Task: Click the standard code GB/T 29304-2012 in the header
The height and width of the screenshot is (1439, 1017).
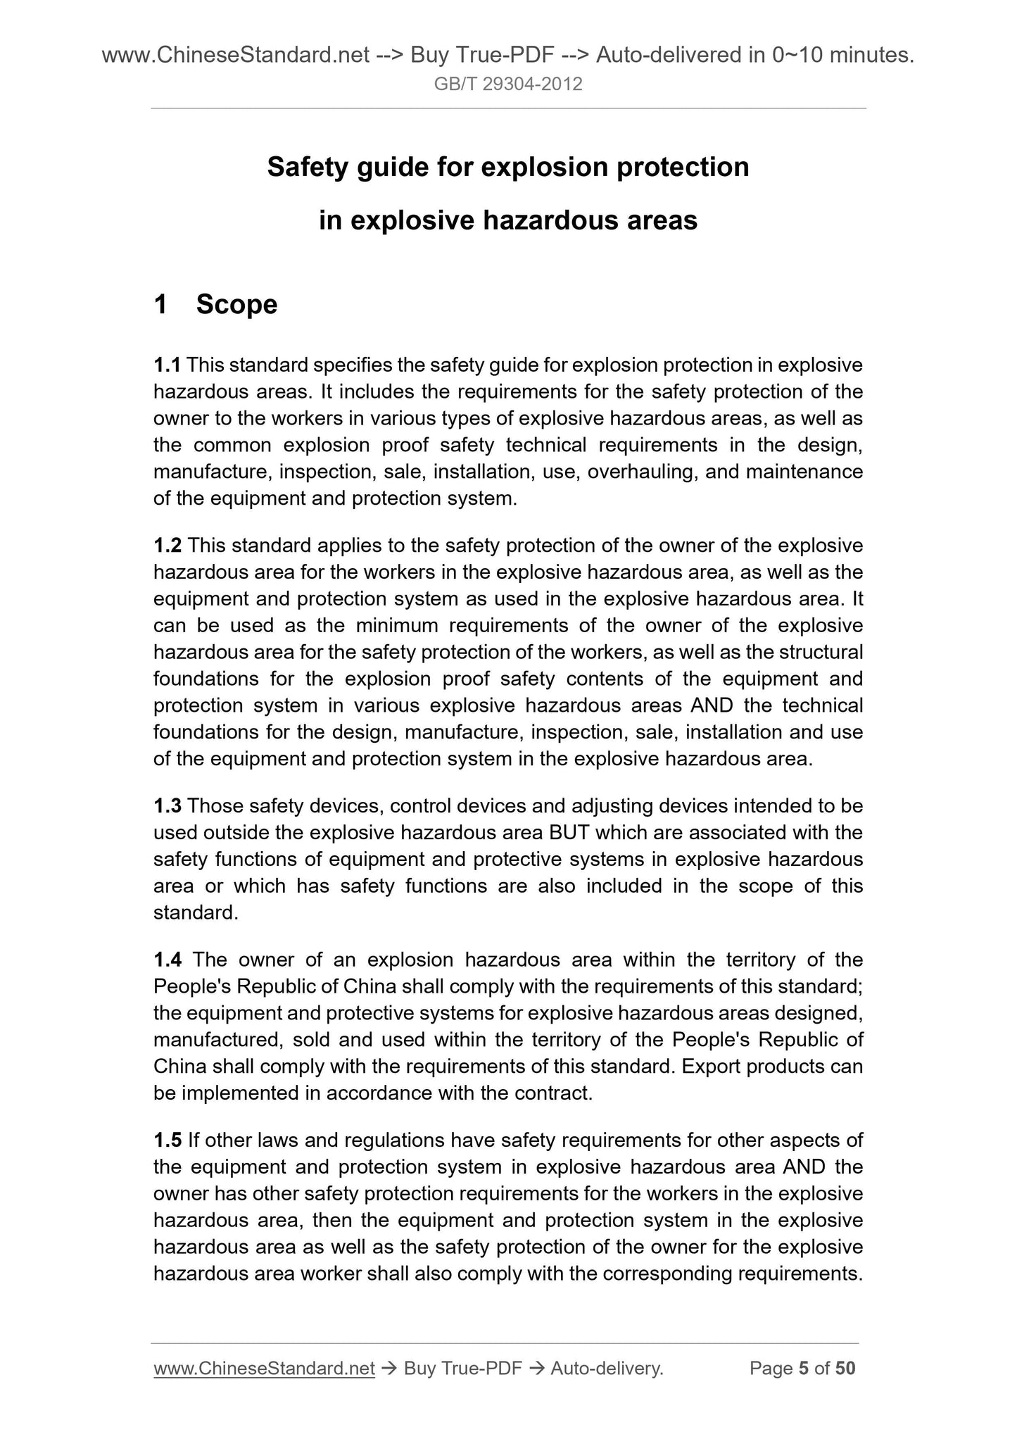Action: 508,85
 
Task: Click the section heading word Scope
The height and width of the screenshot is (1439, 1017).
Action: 236,305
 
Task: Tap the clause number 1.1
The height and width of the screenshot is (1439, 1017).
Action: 168,365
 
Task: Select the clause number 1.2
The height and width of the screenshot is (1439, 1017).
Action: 168,546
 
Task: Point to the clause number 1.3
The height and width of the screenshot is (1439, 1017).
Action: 168,805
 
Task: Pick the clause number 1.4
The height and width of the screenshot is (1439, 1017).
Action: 168,960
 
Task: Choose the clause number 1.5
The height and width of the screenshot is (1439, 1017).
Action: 168,1140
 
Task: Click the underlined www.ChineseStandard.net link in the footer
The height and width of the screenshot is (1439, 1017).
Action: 264,1368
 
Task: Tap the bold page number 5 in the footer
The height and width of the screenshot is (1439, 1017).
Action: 802,1368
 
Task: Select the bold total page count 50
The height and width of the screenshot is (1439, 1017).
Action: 845,1368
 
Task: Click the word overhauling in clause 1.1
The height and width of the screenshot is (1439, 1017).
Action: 642,472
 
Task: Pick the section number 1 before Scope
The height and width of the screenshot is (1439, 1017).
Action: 161,305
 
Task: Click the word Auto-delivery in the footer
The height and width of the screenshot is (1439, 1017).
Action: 607,1368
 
